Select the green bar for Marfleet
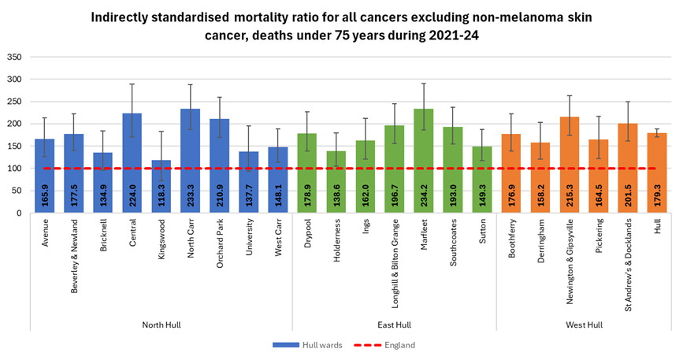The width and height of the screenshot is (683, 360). (423, 158)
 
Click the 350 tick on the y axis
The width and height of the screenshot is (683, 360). (14, 58)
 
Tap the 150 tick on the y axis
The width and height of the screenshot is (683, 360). (14, 147)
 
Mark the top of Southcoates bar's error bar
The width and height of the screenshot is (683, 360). (452, 107)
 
